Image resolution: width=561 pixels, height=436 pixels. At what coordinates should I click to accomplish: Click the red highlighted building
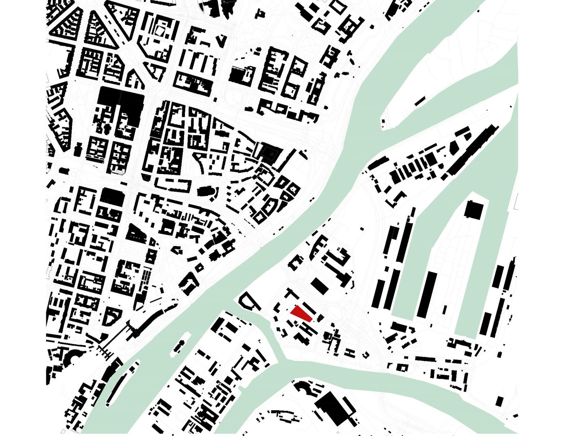(x=301, y=314)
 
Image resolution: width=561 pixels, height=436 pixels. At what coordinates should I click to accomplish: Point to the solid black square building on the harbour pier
(x=474, y=209)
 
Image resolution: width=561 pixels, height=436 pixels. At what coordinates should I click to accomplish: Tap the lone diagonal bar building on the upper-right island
(x=420, y=101)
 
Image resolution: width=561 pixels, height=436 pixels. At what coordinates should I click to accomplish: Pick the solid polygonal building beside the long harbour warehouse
(x=453, y=148)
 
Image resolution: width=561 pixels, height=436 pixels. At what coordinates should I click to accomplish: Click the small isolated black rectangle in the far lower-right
(x=499, y=401)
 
